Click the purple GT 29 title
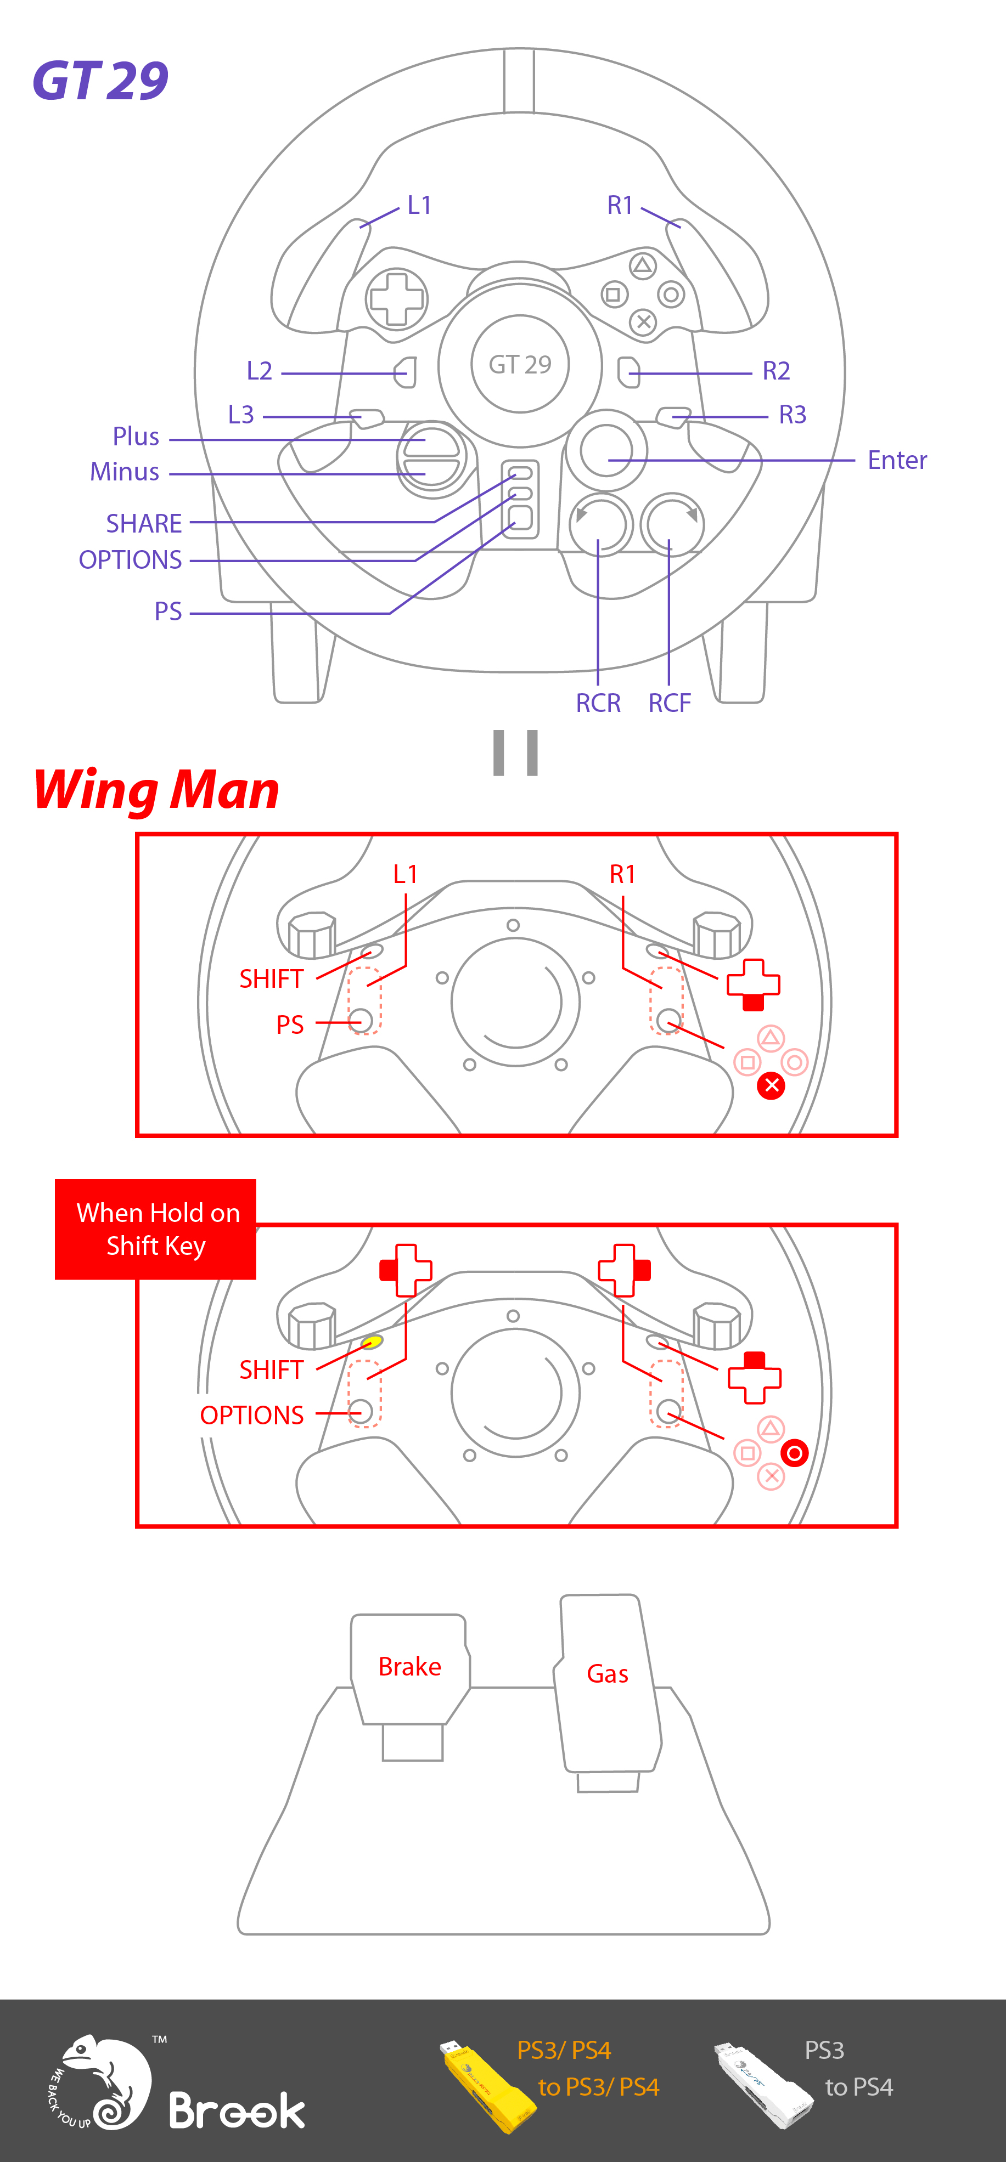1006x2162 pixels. [100, 81]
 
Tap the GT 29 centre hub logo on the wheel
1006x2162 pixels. [520, 364]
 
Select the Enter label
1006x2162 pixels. [896, 460]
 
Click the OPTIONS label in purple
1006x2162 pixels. [130, 560]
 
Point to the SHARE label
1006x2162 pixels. [144, 524]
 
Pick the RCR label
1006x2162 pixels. [598, 703]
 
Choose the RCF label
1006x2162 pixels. [669, 703]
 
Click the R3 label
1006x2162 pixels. [792, 415]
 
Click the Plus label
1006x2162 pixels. [136, 437]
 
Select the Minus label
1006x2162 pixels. [124, 472]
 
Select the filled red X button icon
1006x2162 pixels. [771, 1086]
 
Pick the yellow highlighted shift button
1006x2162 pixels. [371, 1342]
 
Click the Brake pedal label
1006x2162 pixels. [410, 1666]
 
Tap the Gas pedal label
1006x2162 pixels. [607, 1673]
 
